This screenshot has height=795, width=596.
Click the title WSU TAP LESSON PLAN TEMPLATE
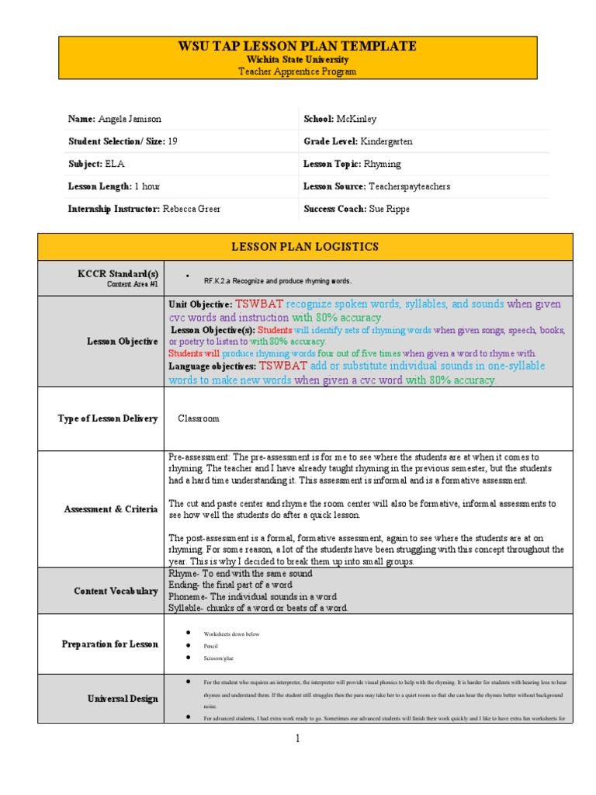click(x=298, y=47)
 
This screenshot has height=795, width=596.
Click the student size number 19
click(x=172, y=141)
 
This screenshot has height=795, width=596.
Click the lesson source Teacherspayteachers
click(x=409, y=186)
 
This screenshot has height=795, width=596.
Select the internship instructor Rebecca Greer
click(x=187, y=209)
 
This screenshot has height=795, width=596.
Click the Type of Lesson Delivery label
click(x=108, y=418)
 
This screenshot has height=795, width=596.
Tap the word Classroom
click(x=199, y=418)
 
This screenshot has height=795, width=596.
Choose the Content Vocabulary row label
click(x=116, y=591)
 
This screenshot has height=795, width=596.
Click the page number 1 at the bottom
click(x=297, y=738)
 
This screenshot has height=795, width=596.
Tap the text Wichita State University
click(x=298, y=60)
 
